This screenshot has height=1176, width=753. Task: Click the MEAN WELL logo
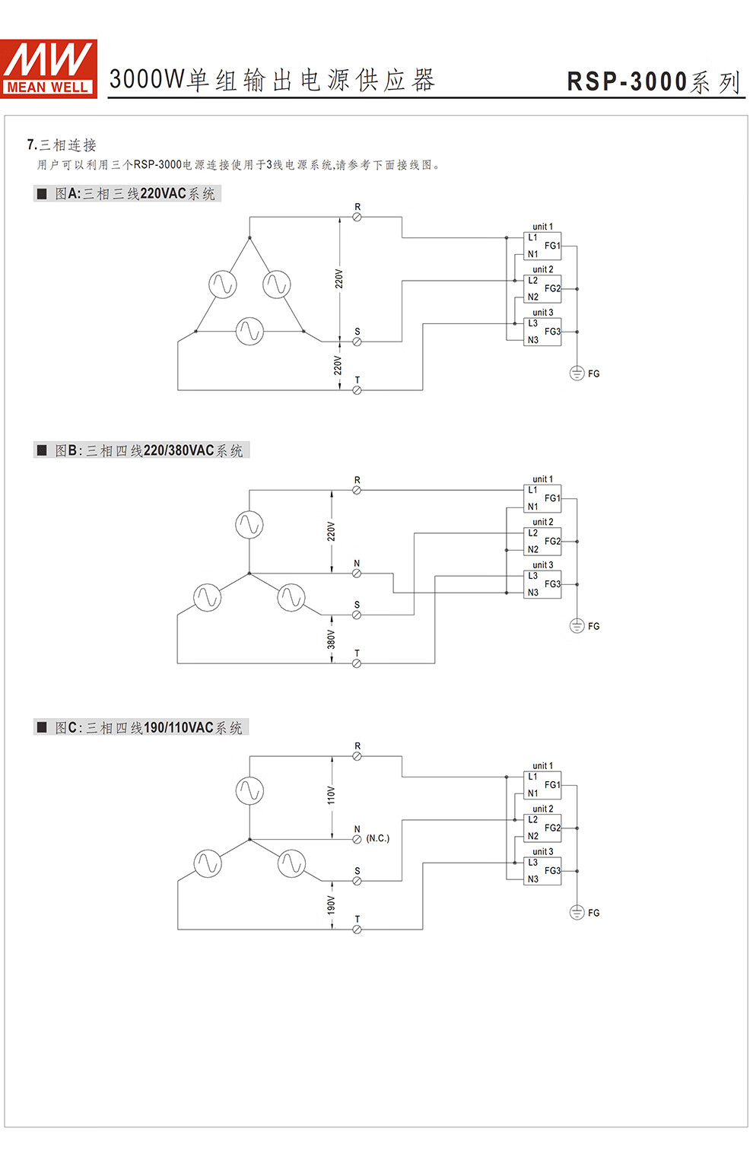pyautogui.click(x=49, y=68)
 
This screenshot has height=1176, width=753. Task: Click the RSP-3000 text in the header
pyautogui.click(x=627, y=82)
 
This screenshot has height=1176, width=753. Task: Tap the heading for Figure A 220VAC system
pyautogui.click(x=127, y=194)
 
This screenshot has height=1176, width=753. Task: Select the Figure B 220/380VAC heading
pyautogui.click(x=141, y=450)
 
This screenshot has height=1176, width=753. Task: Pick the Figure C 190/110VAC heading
pyautogui.click(x=141, y=728)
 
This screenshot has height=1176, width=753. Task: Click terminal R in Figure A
pyautogui.click(x=357, y=217)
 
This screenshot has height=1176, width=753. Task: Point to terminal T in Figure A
pyautogui.click(x=357, y=390)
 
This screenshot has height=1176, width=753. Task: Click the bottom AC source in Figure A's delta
pyautogui.click(x=249, y=332)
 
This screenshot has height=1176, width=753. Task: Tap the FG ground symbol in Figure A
pyautogui.click(x=577, y=373)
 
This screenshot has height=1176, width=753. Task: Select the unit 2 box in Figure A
pyautogui.click(x=542, y=289)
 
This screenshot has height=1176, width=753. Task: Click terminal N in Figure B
pyautogui.click(x=357, y=574)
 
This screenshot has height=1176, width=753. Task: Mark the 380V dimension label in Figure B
pyautogui.click(x=331, y=640)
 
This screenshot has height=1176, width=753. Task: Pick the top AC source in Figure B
pyautogui.click(x=249, y=524)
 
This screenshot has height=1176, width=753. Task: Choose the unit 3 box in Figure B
pyautogui.click(x=542, y=584)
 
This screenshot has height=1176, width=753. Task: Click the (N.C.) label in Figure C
pyautogui.click(x=378, y=838)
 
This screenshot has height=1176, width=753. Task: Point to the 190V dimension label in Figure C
pyautogui.click(x=331, y=905)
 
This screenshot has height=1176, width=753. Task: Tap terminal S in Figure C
pyautogui.click(x=357, y=881)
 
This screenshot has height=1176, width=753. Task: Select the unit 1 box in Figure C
pyautogui.click(x=542, y=785)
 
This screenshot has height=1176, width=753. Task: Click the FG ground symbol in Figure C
pyautogui.click(x=577, y=913)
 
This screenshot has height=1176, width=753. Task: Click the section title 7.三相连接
pyautogui.click(x=62, y=145)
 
